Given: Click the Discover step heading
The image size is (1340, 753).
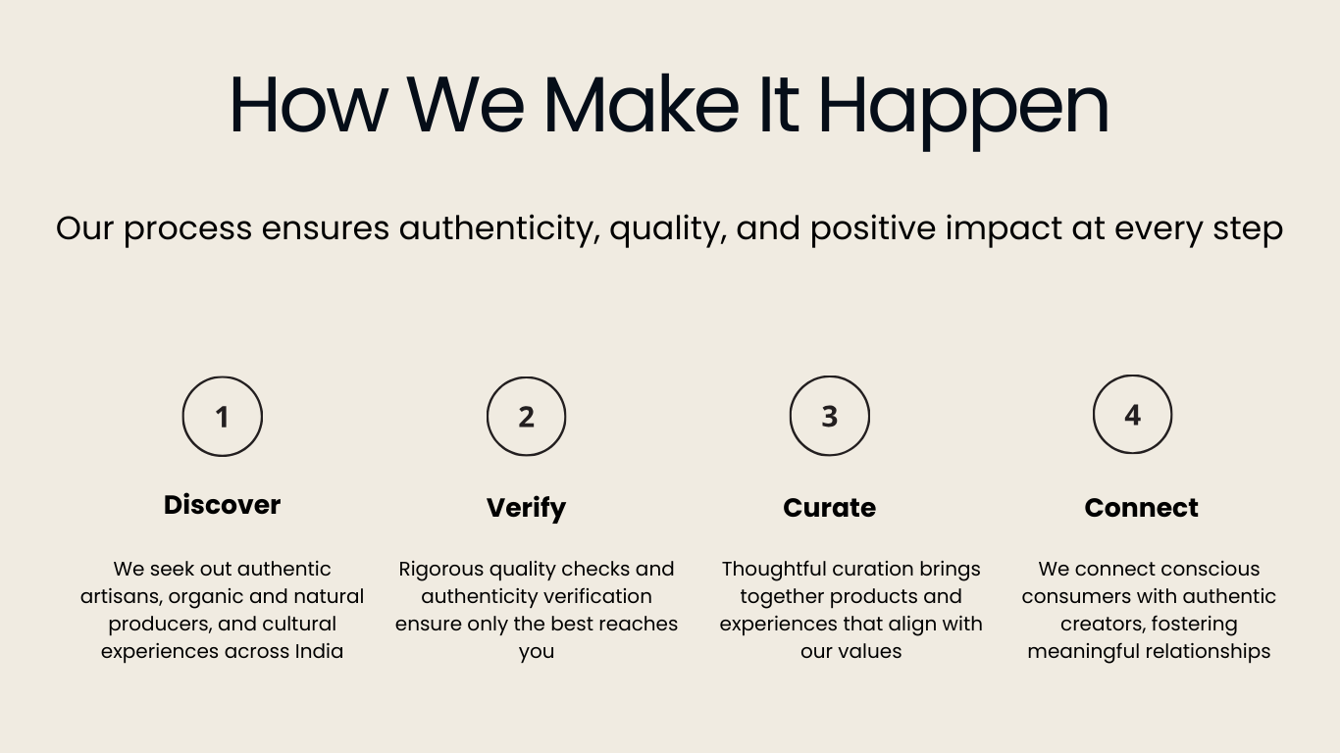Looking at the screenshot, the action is (x=222, y=505).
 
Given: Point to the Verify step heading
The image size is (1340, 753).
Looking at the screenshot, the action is (x=527, y=509).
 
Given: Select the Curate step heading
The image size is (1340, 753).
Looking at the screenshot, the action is (x=830, y=508).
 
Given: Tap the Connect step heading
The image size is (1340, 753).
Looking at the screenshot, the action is (x=1142, y=508).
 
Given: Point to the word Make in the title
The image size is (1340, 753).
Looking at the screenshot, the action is (x=642, y=104).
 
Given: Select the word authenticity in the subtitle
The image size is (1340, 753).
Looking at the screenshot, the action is (x=499, y=229).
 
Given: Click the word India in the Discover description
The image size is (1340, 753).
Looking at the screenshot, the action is (x=319, y=651).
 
